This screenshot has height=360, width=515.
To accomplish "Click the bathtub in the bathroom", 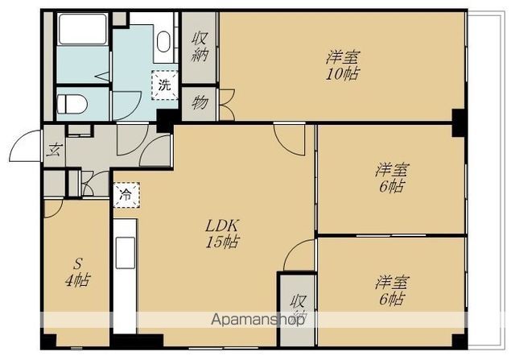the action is (82, 29).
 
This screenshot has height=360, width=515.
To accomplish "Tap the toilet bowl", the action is (72, 104).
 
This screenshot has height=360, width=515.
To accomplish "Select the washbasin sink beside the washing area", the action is (163, 42).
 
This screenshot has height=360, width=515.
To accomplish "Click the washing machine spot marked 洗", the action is (164, 85).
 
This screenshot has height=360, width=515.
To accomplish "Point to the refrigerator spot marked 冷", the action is (126, 195).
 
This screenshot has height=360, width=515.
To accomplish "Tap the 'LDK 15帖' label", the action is (222, 234).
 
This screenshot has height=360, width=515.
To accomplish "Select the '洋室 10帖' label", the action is (343, 65).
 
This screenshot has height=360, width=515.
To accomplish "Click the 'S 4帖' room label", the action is (77, 272).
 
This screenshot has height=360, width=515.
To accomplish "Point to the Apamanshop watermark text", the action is (257, 320).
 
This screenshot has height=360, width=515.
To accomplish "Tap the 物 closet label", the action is (200, 102).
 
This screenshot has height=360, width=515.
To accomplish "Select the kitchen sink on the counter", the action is (126, 253).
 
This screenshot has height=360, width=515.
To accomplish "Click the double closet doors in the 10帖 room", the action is (227, 105).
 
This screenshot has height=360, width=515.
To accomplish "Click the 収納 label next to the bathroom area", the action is (200, 47).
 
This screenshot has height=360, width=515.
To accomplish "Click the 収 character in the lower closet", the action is (299, 300).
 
